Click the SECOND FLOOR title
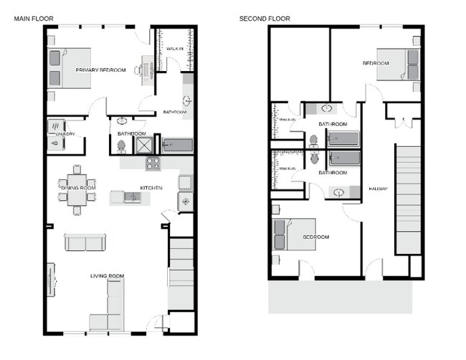(x=265, y=18)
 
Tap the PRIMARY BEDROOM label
(x=101, y=70)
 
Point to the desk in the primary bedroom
(x=146, y=70)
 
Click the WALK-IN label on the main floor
(x=175, y=48)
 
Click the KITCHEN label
(x=151, y=188)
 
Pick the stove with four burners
(x=153, y=163)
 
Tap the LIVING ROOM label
(x=108, y=276)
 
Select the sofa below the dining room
(x=85, y=242)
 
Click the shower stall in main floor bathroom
(x=145, y=146)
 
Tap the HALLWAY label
(x=378, y=189)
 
